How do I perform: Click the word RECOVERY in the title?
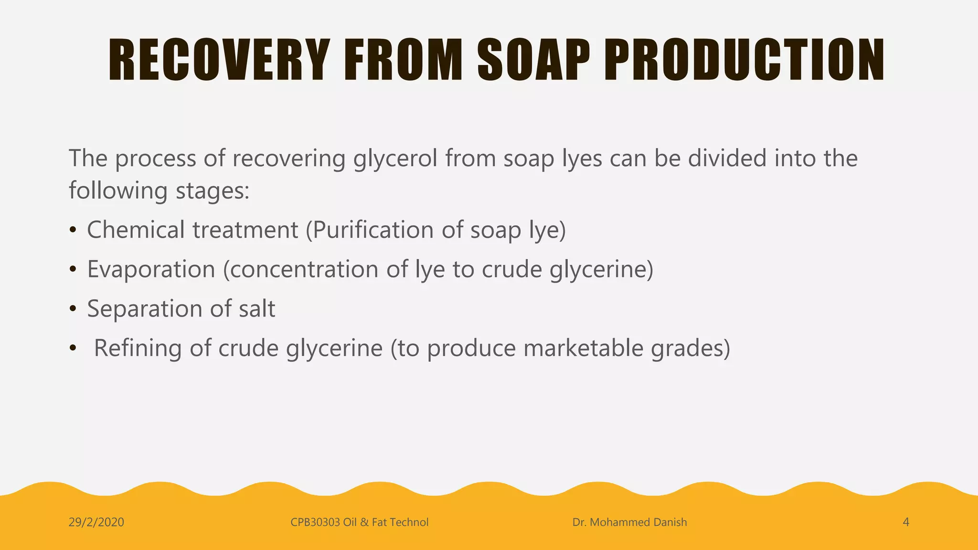(219, 60)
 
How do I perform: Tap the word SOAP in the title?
(534, 60)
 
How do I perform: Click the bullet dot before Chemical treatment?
(73, 231)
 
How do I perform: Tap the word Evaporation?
(151, 269)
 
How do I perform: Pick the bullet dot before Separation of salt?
(73, 309)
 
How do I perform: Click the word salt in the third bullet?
(257, 308)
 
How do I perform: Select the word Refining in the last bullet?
(138, 348)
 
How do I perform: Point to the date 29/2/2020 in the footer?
(96, 522)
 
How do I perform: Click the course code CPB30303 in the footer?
(315, 522)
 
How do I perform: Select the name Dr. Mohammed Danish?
(629, 522)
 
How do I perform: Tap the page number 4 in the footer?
(905, 522)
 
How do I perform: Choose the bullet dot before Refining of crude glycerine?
(73, 349)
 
